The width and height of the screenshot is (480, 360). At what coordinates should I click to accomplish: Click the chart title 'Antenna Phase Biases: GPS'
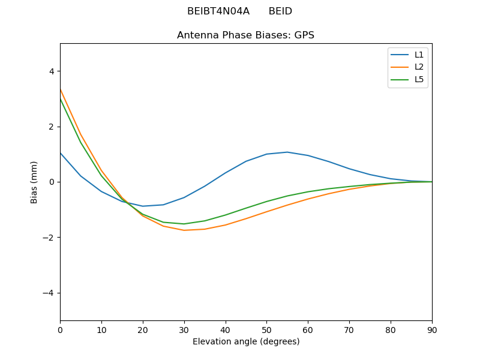(x=245, y=35)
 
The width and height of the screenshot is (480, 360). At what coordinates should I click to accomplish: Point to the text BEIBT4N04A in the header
(x=218, y=11)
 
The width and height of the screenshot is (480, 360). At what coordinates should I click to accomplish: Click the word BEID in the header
(x=280, y=11)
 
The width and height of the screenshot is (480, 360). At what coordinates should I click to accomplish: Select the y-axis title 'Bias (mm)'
(x=34, y=182)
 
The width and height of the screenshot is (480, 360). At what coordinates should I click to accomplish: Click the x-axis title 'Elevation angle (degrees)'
(x=245, y=342)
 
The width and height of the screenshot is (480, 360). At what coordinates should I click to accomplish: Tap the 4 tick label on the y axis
(x=51, y=71)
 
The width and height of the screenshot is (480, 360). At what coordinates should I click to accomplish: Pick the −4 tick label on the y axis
(x=49, y=293)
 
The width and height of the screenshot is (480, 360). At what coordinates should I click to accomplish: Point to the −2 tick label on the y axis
(x=49, y=238)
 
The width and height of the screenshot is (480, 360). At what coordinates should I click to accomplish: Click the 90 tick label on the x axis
(x=431, y=329)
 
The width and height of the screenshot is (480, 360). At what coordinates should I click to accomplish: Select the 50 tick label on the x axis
(x=266, y=329)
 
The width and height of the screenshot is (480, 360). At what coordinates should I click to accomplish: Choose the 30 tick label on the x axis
(x=184, y=329)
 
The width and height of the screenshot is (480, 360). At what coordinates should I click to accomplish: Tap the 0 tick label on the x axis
(x=60, y=329)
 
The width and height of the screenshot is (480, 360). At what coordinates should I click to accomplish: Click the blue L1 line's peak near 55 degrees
(x=287, y=152)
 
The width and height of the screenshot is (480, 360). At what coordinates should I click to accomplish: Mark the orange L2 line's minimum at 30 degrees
(x=184, y=230)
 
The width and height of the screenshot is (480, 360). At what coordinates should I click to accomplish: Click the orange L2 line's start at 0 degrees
(x=60, y=89)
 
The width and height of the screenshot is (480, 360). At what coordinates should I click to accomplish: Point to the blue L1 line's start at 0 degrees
(x=60, y=152)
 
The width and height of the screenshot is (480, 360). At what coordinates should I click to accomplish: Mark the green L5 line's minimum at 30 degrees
(x=184, y=224)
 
